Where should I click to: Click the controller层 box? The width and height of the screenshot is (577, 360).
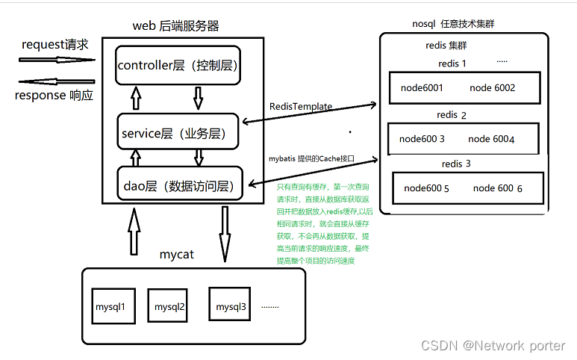click(177, 65)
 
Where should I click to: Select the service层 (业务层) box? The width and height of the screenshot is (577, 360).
click(177, 132)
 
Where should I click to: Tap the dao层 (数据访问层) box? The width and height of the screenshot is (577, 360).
click(181, 184)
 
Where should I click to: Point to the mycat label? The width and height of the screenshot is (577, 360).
click(176, 255)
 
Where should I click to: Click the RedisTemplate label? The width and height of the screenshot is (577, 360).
click(301, 107)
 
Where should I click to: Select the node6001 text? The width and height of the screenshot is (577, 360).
click(422, 88)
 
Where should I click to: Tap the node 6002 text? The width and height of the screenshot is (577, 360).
click(493, 88)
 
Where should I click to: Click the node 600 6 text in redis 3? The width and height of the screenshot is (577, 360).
click(498, 188)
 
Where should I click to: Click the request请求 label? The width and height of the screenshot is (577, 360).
click(55, 45)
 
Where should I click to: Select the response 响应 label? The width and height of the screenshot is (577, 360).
click(54, 96)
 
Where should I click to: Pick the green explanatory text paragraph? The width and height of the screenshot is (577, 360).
click(322, 223)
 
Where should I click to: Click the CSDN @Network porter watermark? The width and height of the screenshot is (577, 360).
click(493, 345)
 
